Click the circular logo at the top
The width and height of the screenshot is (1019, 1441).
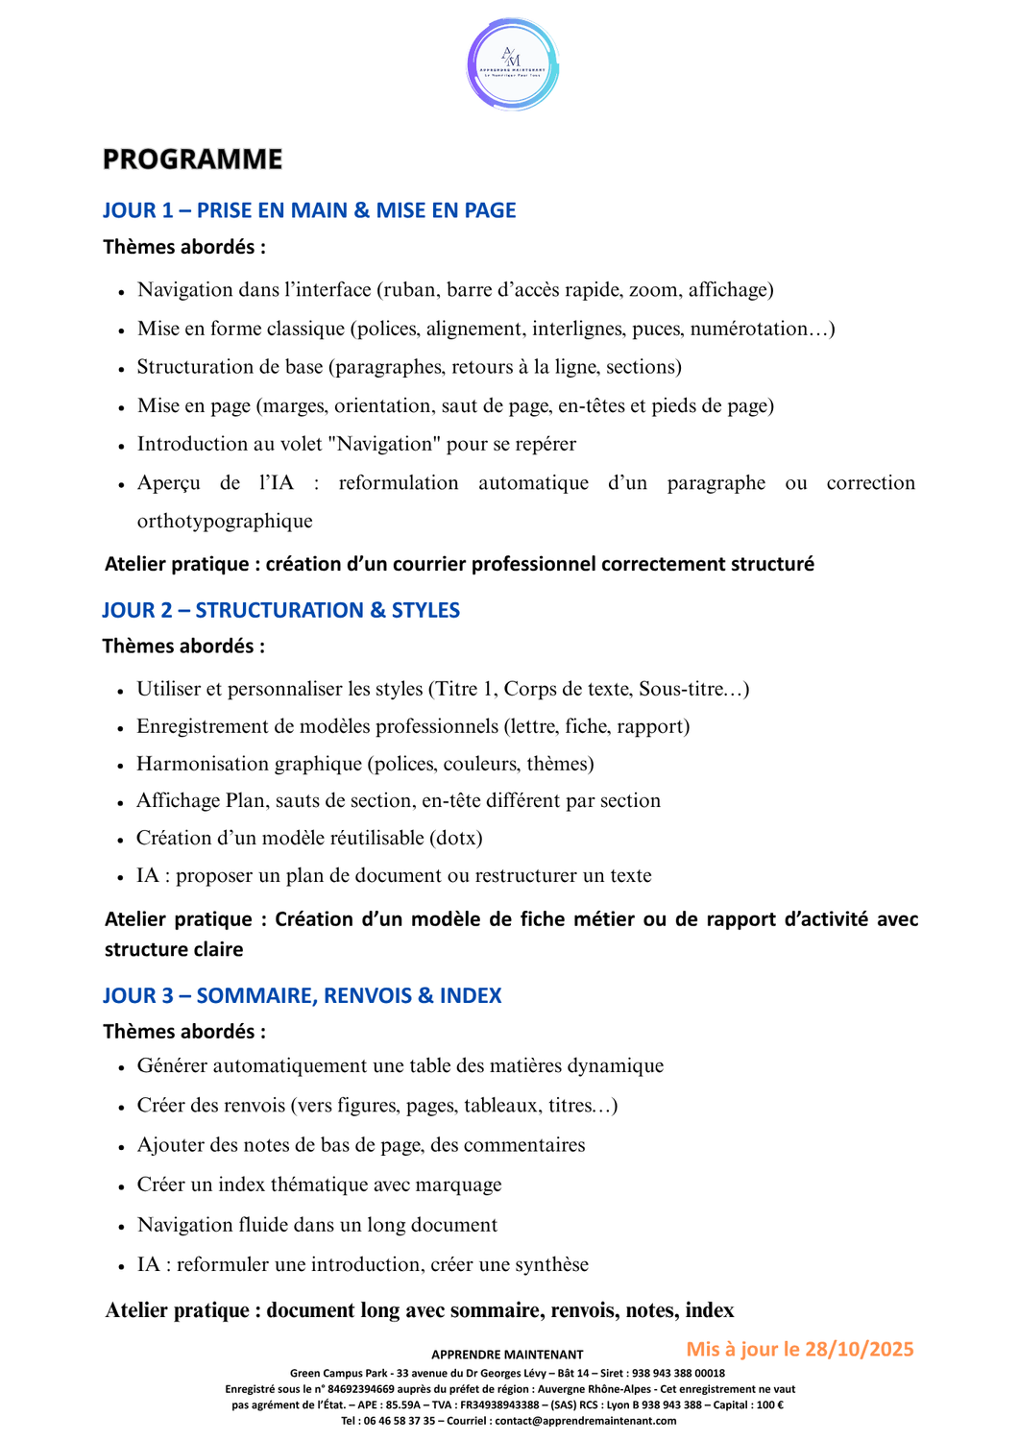[513, 65]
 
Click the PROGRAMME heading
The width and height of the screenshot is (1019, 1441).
[192, 159]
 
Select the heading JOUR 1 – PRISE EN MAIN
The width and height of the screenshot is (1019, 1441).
[308, 210]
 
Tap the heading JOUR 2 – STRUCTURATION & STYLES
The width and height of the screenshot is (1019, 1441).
[280, 610]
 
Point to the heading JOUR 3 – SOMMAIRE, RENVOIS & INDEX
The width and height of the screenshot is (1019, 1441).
[302, 995]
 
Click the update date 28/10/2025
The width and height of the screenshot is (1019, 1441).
[859, 1349]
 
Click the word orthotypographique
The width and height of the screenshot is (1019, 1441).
[225, 521]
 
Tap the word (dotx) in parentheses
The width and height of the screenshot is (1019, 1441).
[455, 838]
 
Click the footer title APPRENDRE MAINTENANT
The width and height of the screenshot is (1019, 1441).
[507, 1355]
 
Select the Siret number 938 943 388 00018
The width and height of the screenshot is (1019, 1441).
[677, 1374]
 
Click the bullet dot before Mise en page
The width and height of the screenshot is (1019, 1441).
[122, 407]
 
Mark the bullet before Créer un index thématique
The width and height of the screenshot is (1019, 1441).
[122, 1186]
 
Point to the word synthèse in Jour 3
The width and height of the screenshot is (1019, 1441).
[551, 1264]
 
